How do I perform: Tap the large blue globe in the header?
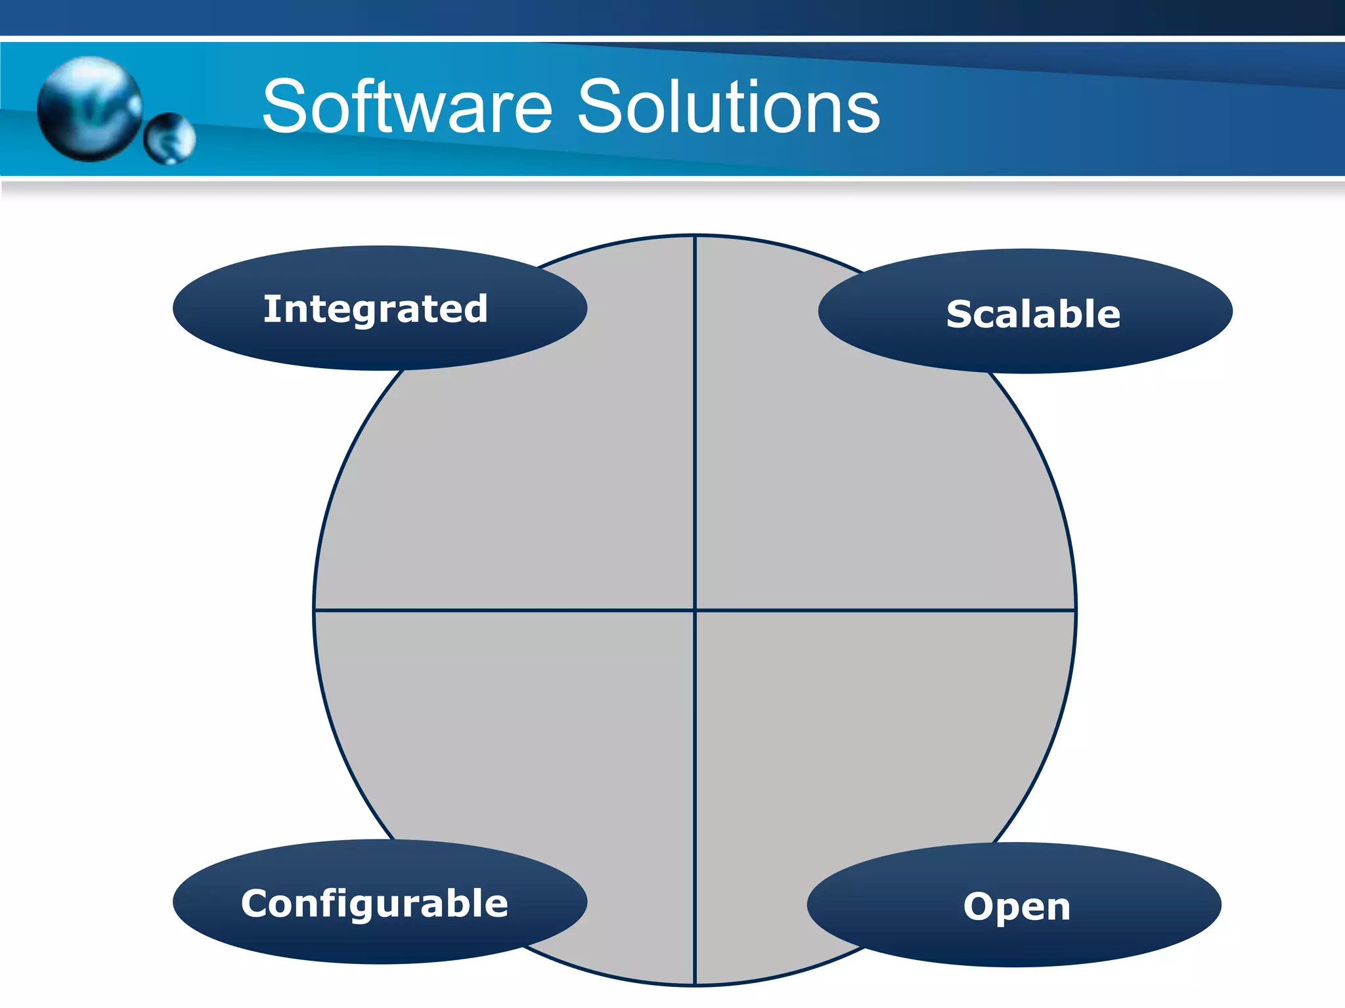click(x=89, y=108)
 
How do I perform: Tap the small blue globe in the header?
click(x=169, y=138)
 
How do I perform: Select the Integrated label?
click(x=376, y=308)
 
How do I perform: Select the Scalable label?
click(x=1032, y=314)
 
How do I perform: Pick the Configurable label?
click(x=375, y=904)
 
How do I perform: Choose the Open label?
click(x=1017, y=907)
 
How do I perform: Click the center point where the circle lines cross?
click(x=695, y=610)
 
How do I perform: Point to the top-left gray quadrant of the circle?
click(x=525, y=472)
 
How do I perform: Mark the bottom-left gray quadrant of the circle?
click(x=525, y=742)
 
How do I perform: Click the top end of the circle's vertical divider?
click(x=695, y=238)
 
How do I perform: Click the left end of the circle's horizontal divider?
click(x=317, y=610)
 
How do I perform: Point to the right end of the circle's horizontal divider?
click(x=1074, y=610)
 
